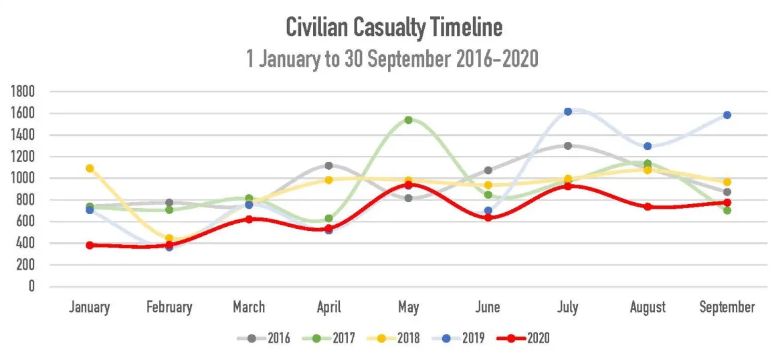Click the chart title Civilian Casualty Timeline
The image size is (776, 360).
pyautogui.click(x=394, y=27)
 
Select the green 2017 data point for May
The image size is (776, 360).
pyautogui.click(x=408, y=120)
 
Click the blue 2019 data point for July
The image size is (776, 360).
pyautogui.click(x=568, y=112)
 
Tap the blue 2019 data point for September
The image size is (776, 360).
pyautogui.click(x=727, y=115)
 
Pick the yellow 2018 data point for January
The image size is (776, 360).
pyautogui.click(x=90, y=169)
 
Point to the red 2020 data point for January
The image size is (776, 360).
pyautogui.click(x=90, y=245)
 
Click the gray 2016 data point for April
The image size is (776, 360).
pyautogui.click(x=328, y=165)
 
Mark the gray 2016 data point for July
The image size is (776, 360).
pyautogui.click(x=568, y=146)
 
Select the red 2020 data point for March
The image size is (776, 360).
pyautogui.click(x=249, y=219)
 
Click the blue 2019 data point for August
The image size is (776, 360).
pyautogui.click(x=648, y=146)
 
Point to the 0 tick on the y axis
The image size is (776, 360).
pyautogui.click(x=31, y=286)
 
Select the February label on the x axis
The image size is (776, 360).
pyautogui.click(x=169, y=308)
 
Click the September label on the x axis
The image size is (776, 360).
pyautogui.click(x=727, y=308)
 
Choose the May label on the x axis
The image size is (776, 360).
pyautogui.click(x=408, y=308)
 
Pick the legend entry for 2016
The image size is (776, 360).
pyautogui.click(x=264, y=339)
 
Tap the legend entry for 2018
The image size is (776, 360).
pyautogui.click(x=393, y=339)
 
